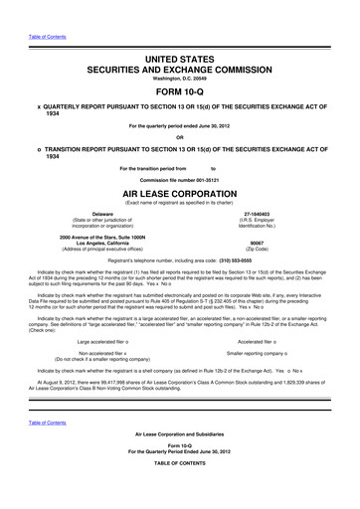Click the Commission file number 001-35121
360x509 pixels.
click(180, 182)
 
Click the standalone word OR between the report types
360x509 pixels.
click(180, 137)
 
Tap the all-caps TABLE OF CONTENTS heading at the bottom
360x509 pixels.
click(180, 493)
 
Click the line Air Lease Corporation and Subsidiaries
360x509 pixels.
click(180, 462)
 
